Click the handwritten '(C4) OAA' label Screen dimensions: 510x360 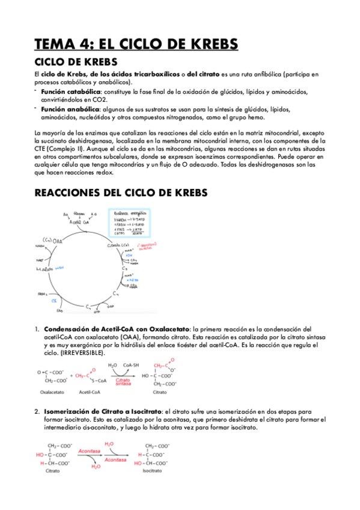[x=52, y=239]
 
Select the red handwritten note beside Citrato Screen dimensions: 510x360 [x=148, y=247]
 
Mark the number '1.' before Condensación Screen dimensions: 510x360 [x=37, y=329]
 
